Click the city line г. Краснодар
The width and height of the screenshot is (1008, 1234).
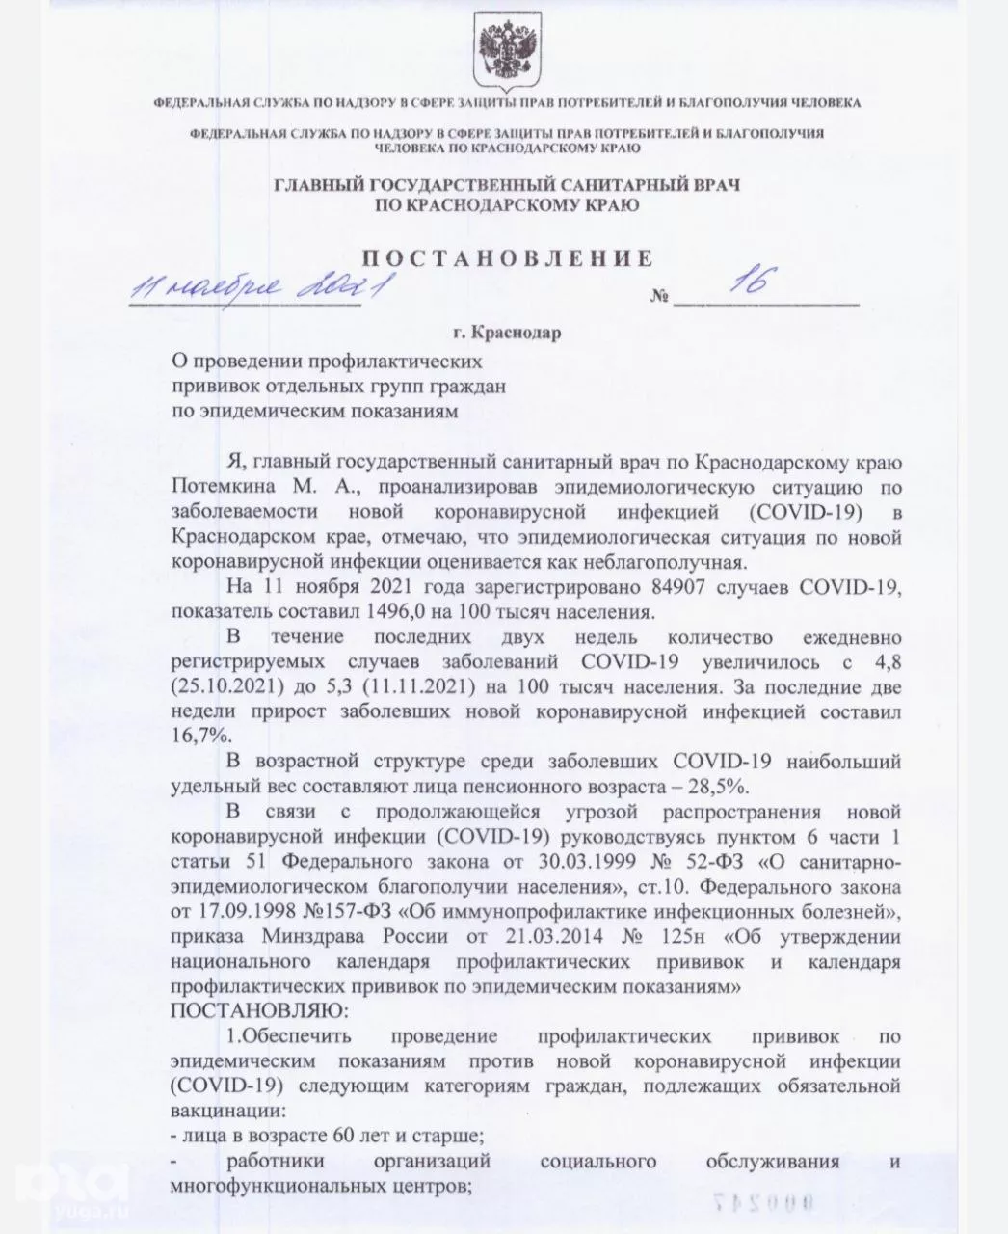[505, 334]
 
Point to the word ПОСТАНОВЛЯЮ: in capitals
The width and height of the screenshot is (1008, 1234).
[256, 1012]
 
